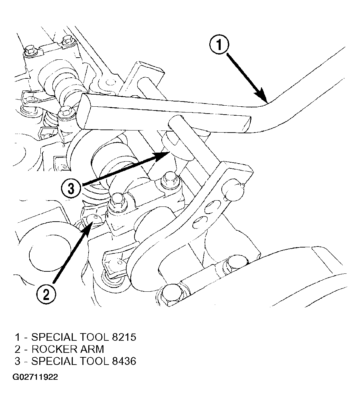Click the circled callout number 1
click(x=219, y=45)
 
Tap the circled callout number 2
click(x=46, y=294)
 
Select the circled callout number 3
click(x=71, y=188)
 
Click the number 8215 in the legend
click(x=124, y=337)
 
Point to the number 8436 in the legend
click(x=124, y=361)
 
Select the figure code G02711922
click(x=35, y=377)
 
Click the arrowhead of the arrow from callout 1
click(x=261, y=96)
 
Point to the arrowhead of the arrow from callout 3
click(x=162, y=156)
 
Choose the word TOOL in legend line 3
click(x=94, y=361)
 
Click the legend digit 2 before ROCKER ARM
click(x=17, y=349)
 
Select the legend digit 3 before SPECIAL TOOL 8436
click(x=17, y=361)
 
